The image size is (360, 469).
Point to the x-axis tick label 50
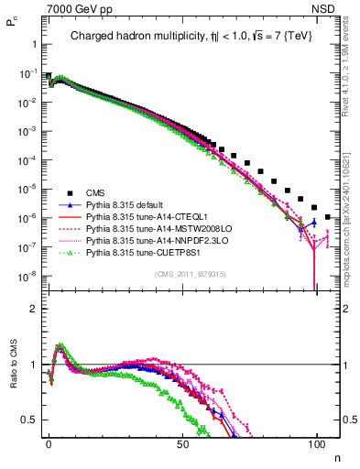pyautogui.click(x=182, y=444)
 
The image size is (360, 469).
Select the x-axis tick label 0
pyautogui.click(x=49, y=444)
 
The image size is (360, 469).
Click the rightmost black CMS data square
pyautogui.click(x=329, y=217)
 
